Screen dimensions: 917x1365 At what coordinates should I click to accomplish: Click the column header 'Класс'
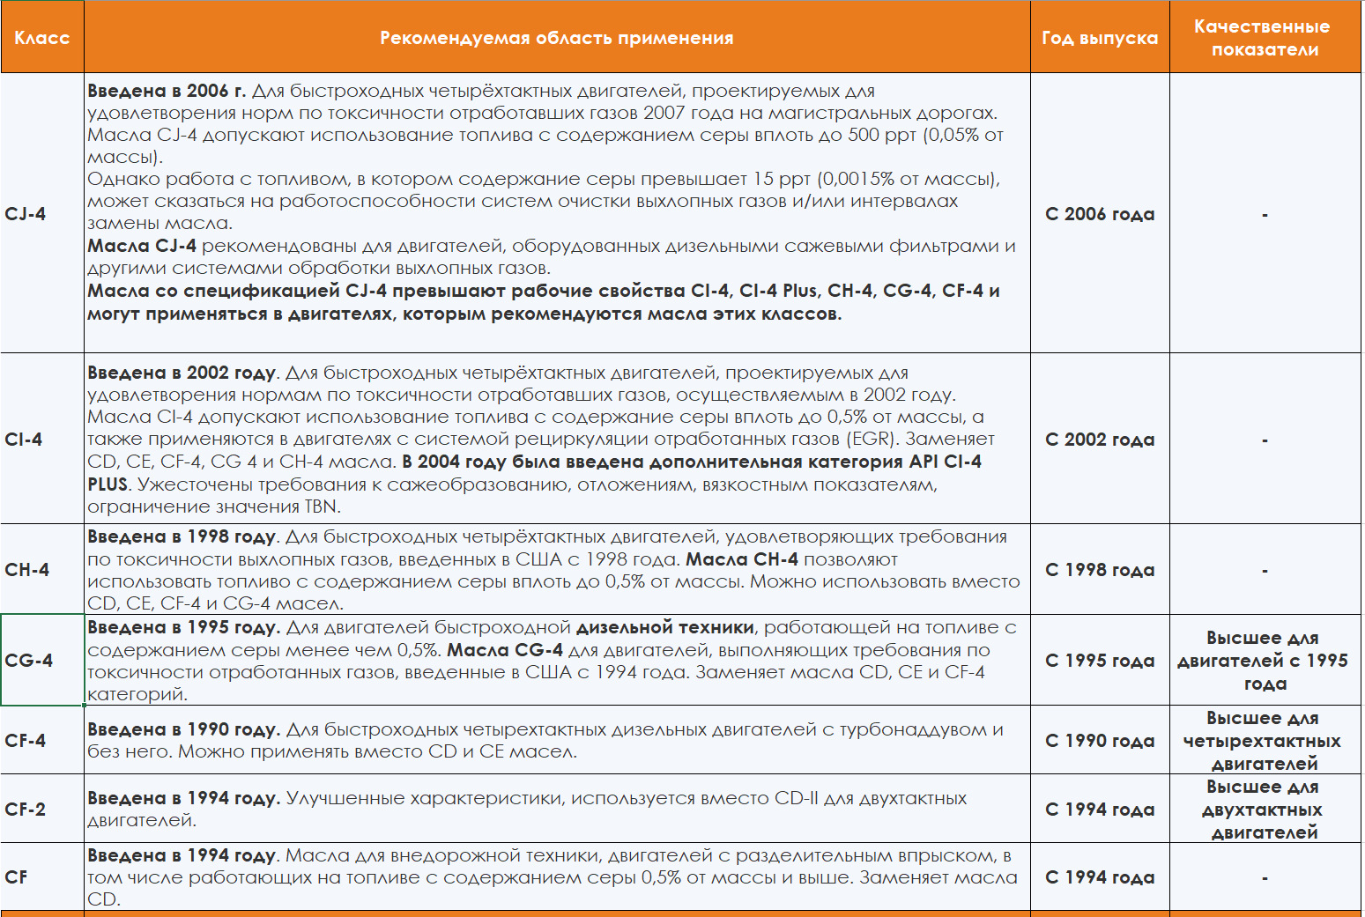tap(41, 38)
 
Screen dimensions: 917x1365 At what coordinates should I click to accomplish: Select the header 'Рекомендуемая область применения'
tap(556, 38)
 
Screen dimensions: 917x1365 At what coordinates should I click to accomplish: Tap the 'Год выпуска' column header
tap(1099, 38)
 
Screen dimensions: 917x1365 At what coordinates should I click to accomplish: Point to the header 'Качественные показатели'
tap(1265, 38)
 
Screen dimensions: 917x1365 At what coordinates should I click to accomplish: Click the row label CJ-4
tap(26, 214)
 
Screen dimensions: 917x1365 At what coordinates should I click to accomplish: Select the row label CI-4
tap(24, 440)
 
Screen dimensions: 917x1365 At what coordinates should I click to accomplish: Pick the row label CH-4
tap(27, 570)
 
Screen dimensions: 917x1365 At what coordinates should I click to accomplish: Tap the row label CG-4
tap(29, 661)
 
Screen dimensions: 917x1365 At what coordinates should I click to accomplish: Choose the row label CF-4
tap(26, 741)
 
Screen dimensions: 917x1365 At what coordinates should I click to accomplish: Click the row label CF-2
tap(26, 810)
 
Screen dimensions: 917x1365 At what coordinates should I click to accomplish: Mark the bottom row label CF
tap(16, 877)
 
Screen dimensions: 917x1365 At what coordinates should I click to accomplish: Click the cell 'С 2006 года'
tap(1099, 214)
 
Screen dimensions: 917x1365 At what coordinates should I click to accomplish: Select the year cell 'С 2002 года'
tap(1099, 440)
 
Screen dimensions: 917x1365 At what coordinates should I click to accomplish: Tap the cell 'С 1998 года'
tap(1099, 570)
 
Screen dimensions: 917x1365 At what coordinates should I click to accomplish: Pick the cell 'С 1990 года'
tap(1099, 741)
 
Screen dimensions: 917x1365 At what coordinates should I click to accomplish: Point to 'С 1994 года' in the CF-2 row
tap(1099, 810)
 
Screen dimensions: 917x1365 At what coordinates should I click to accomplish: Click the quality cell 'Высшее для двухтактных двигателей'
tap(1264, 810)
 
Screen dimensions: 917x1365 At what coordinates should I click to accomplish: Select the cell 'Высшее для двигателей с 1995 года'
tap(1264, 661)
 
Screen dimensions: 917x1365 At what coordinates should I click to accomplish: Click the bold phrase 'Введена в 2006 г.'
tap(167, 91)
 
